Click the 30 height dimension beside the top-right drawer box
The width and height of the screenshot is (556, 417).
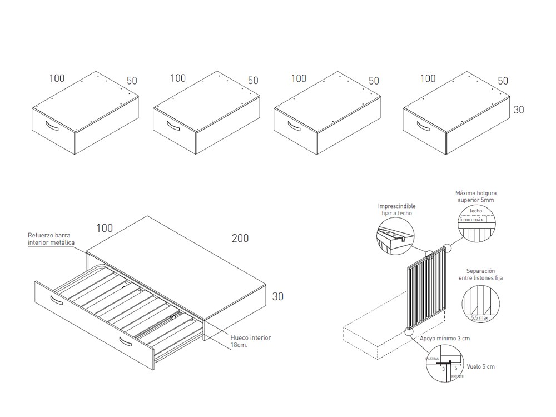click(x=518, y=110)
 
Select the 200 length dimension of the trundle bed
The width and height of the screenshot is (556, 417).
click(x=240, y=239)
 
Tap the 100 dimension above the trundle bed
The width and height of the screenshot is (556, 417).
click(x=104, y=228)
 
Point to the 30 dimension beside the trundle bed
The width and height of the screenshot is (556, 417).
click(x=277, y=296)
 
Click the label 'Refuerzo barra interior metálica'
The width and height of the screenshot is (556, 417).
click(x=51, y=239)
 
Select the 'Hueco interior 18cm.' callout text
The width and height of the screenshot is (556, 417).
click(x=251, y=341)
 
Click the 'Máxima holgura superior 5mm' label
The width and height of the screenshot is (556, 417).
click(x=474, y=196)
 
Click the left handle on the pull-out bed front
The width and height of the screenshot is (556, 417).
click(x=56, y=301)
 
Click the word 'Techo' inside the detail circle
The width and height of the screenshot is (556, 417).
click(x=475, y=212)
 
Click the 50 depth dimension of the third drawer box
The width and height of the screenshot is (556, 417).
click(x=374, y=81)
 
